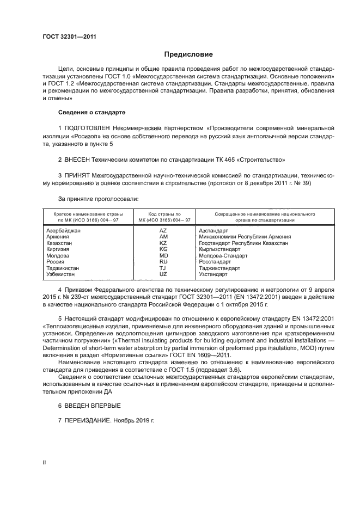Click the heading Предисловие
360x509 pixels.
click(188, 54)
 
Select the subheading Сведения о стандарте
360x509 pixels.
click(91, 112)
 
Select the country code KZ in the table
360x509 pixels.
click(163, 243)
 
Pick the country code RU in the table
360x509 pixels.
click(163, 261)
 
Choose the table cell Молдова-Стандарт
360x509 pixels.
click(223, 255)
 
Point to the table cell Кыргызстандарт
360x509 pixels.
click(219, 249)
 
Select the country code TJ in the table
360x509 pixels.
click(163, 268)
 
